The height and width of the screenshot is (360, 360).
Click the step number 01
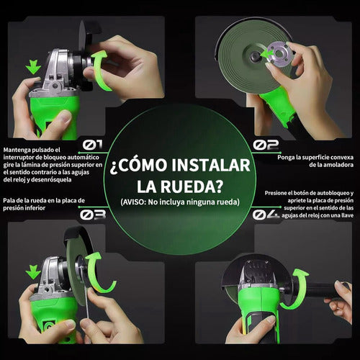(93, 145)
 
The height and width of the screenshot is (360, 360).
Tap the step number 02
(266, 145)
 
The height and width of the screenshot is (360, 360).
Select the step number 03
(93, 215)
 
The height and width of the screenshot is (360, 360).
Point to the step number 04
(266, 215)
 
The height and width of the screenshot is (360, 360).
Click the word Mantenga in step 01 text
(17, 150)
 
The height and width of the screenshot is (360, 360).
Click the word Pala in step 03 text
(9, 201)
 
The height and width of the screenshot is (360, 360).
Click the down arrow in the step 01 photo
(33, 67)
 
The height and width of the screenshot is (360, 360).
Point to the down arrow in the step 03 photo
(33, 272)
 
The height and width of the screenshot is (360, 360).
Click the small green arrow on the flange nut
(267, 53)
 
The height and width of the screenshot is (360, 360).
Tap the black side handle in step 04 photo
(325, 290)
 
